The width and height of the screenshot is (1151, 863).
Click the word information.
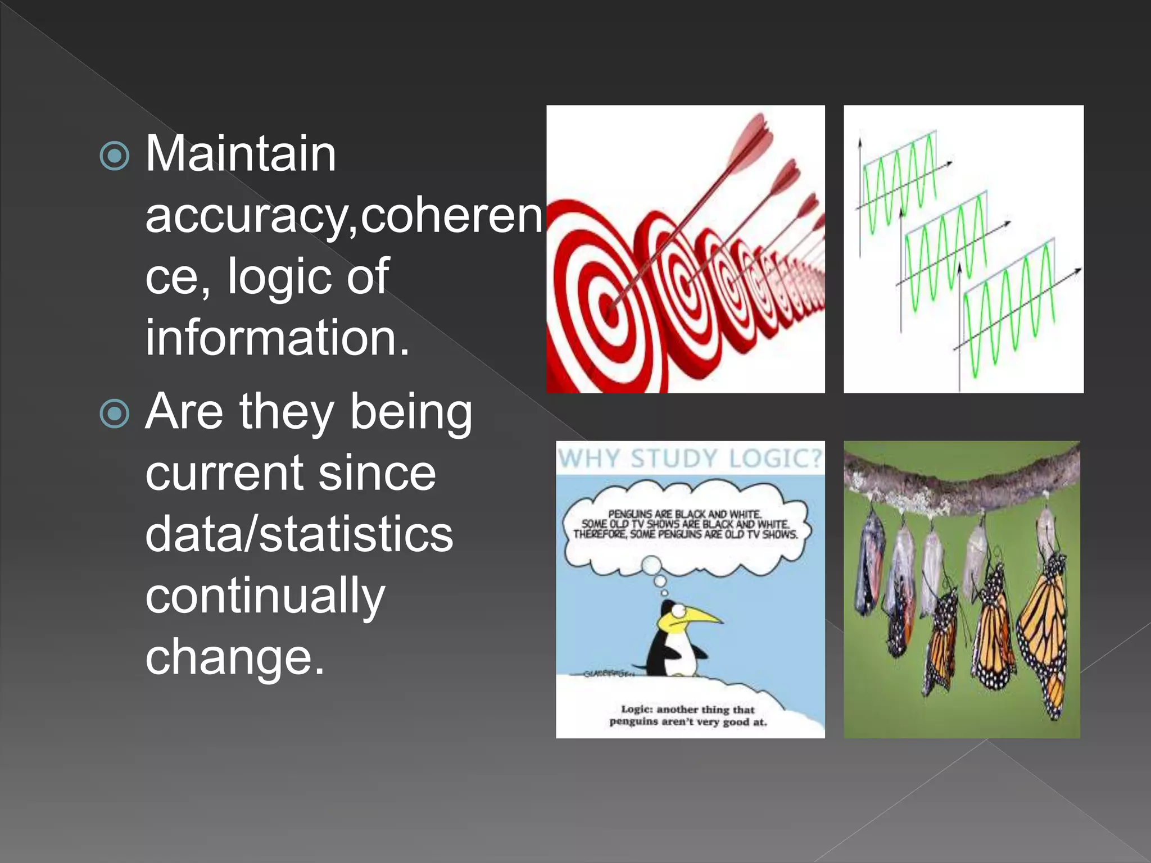pos(277,338)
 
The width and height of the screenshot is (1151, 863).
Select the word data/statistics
pos(299,534)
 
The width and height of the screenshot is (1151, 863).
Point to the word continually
pos(265,596)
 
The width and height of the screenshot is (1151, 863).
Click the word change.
pos(235,657)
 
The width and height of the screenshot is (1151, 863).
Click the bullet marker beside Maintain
pos(115,155)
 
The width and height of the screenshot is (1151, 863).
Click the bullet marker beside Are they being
pos(115,414)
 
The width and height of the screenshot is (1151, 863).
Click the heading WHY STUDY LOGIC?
pos(690,458)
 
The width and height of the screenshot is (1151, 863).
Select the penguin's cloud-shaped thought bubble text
pos(686,524)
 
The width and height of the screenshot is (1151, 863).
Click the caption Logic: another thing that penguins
pos(688,715)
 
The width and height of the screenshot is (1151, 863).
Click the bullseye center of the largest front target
pos(605,308)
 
